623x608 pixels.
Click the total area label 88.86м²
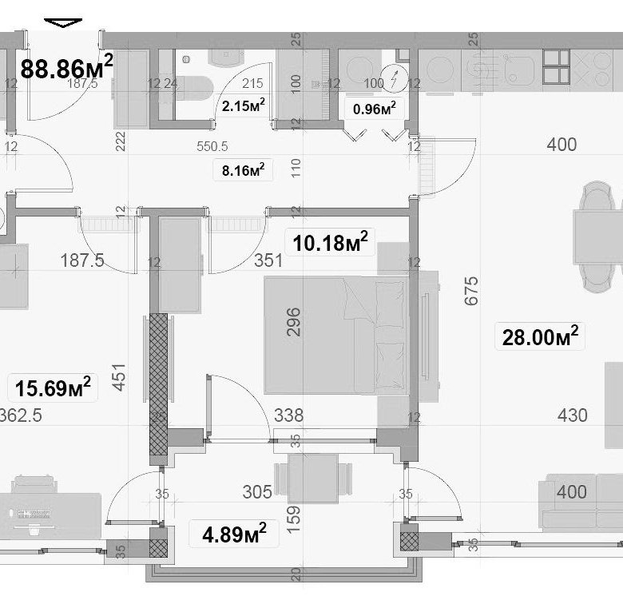(x=66, y=67)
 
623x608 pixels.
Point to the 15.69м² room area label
(x=53, y=388)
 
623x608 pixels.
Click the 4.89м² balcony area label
(x=234, y=532)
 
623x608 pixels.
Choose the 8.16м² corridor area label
(x=244, y=169)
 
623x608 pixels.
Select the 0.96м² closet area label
(x=374, y=109)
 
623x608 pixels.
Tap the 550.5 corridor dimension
(x=212, y=146)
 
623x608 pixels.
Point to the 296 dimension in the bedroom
(x=293, y=322)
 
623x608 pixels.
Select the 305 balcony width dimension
(x=257, y=492)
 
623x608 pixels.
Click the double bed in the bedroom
(x=335, y=334)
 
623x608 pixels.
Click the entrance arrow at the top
(x=63, y=23)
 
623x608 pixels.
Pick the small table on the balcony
(x=312, y=479)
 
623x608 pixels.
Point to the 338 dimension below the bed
(x=288, y=415)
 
